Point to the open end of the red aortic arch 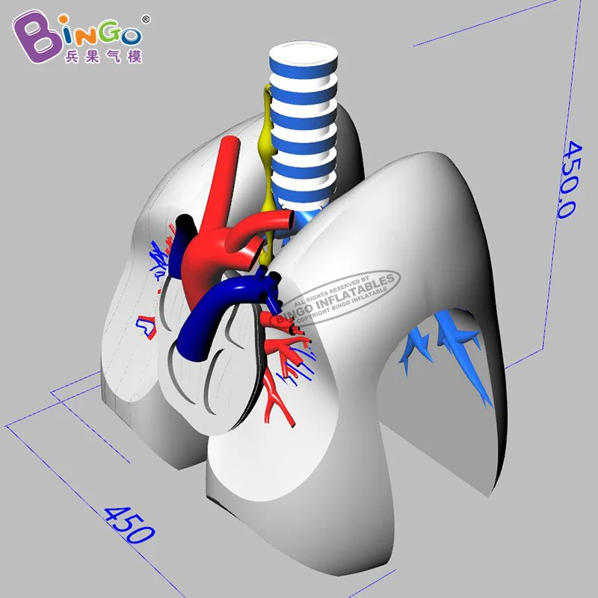[288, 220]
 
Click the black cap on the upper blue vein [182, 224]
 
